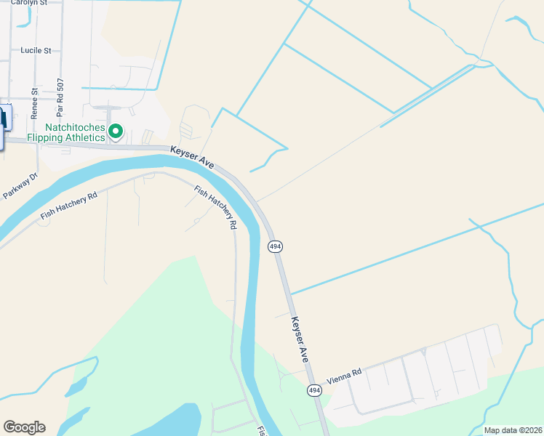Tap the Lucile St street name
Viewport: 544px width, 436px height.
tap(36, 51)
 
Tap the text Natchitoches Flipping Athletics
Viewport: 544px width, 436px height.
tap(65, 132)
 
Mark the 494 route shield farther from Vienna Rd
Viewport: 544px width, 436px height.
tap(275, 247)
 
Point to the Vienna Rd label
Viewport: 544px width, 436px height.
tap(344, 376)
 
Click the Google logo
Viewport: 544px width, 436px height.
tap(24, 427)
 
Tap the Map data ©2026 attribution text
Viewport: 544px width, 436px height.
tap(513, 430)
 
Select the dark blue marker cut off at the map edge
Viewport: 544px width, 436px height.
tap(4, 125)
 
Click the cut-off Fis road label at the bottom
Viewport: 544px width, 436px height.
tap(260, 430)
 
